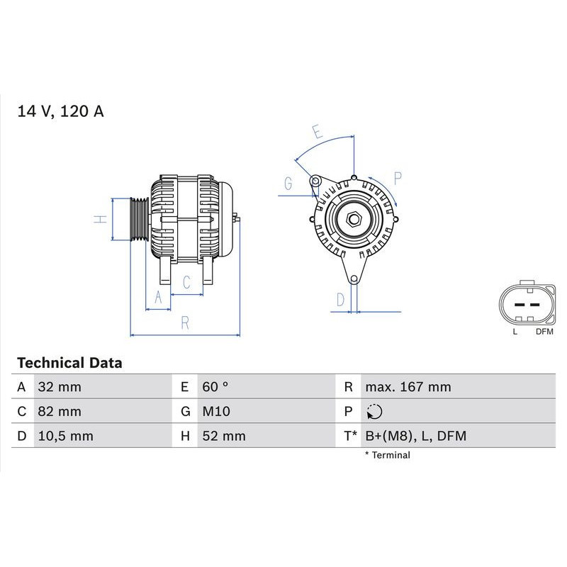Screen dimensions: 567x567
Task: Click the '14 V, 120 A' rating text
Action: coord(60,111)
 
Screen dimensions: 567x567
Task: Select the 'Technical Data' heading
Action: coord(69,363)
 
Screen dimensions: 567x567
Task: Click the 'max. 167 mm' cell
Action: coord(408,387)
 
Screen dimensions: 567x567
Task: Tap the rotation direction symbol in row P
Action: coord(375,411)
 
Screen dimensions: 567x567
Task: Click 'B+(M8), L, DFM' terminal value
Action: coord(415,436)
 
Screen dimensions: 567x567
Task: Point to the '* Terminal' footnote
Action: coord(387,455)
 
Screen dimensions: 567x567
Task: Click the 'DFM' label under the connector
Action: coord(544,331)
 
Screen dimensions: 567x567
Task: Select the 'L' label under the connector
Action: coord(515,331)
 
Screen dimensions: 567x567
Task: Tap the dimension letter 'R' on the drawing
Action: coord(185,322)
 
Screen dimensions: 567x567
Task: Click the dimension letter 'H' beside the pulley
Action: coord(100,219)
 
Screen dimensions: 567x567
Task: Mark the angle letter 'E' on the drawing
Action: coord(317,133)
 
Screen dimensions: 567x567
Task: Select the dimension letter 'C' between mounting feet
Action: coord(186,282)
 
